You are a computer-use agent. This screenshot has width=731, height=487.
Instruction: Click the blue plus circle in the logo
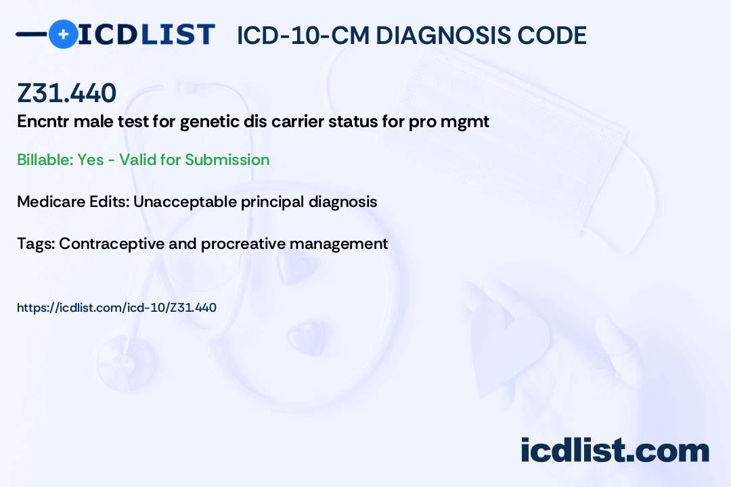tap(63, 34)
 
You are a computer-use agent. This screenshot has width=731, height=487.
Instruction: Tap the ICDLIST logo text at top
tap(146, 34)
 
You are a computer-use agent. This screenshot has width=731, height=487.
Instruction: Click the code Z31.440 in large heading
tap(66, 93)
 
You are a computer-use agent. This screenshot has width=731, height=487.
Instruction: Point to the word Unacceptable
tap(178, 202)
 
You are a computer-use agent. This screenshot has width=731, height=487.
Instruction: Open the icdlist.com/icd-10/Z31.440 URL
tap(116, 308)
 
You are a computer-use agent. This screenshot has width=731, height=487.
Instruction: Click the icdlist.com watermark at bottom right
tap(615, 450)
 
